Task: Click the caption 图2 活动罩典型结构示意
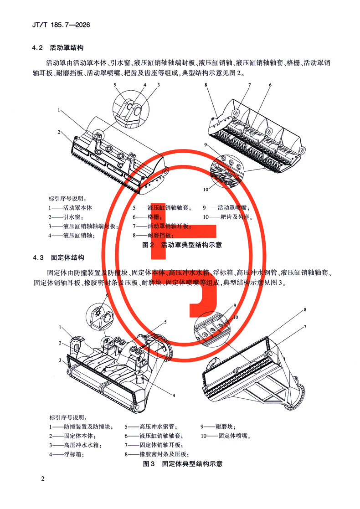[182, 245]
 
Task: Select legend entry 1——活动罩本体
[71, 208]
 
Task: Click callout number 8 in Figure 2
[206, 85]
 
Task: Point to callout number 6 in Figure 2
[270, 85]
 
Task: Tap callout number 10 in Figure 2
[206, 189]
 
